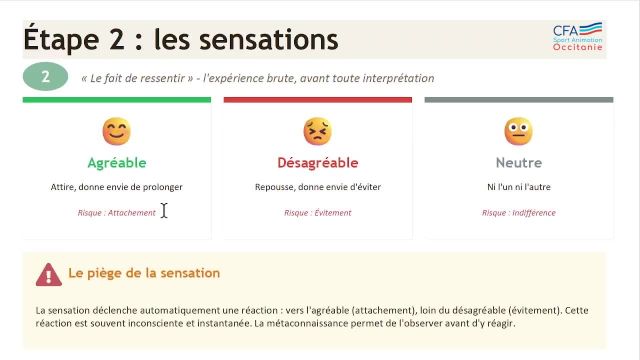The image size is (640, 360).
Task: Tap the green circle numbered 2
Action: (45, 77)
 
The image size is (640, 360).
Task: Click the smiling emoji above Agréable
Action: (116, 131)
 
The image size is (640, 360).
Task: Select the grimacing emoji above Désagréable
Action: (317, 131)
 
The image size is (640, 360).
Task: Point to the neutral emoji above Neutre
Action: (518, 131)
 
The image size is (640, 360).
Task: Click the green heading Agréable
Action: (117, 162)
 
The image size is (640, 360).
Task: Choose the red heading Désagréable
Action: (317, 162)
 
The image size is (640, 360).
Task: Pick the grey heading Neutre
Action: (518, 162)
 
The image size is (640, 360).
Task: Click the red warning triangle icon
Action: (48, 274)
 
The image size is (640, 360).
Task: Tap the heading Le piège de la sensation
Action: (144, 273)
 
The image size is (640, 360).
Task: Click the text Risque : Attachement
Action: (116, 212)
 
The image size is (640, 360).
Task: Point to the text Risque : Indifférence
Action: (518, 212)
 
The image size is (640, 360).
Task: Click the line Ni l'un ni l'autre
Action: (518, 187)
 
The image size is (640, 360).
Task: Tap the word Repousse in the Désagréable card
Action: (272, 187)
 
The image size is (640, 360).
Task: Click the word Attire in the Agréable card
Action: (62, 187)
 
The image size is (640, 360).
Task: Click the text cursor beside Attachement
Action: (164, 210)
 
